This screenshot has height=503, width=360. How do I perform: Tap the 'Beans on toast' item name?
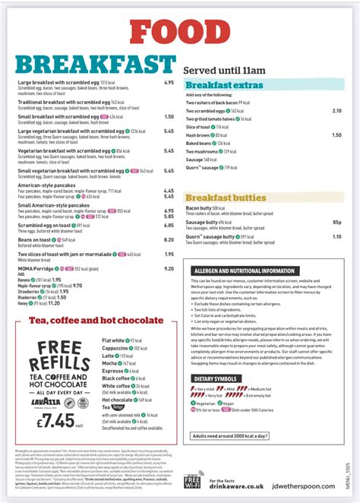tap(33, 239)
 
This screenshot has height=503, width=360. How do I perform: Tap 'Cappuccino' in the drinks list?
tap(115, 347)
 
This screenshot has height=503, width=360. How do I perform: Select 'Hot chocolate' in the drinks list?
tap(117, 399)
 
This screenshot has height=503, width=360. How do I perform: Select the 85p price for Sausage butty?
tap(336, 222)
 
